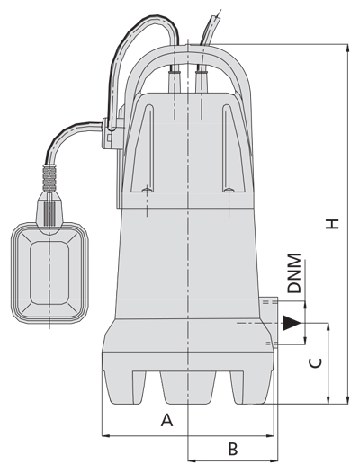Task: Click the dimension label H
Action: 332,224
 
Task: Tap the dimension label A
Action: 166,420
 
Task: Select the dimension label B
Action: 233,449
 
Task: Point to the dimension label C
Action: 315,363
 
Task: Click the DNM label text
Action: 294,273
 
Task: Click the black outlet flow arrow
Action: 292,323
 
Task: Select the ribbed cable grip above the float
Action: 49,179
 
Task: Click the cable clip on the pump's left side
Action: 112,133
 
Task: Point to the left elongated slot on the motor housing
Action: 143,148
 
